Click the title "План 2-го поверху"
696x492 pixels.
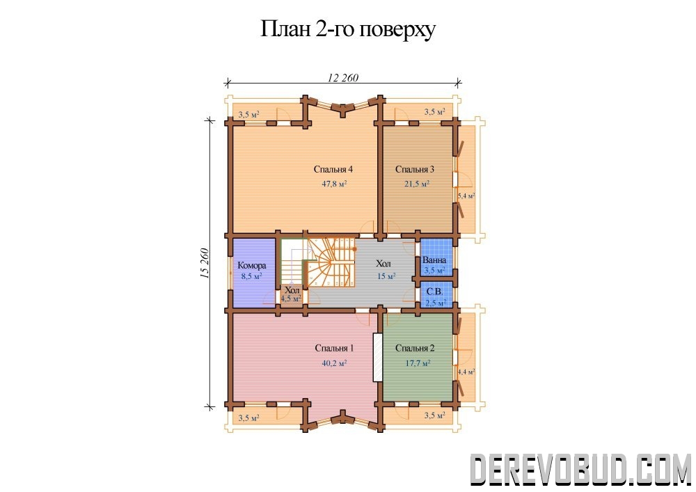coord(347,29)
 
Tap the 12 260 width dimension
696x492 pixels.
coord(342,78)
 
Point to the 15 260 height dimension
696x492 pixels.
coord(205,263)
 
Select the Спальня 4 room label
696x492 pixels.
coord(333,169)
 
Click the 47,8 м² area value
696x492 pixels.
coord(334,183)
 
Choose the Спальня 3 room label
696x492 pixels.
coord(415,169)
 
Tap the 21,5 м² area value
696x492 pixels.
coord(416,183)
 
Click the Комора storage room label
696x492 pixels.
coord(252,265)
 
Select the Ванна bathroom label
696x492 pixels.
coord(434,260)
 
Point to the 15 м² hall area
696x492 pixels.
coord(386,276)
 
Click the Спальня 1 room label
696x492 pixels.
coord(334,348)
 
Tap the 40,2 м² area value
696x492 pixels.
coord(334,363)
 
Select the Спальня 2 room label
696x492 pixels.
coord(415,348)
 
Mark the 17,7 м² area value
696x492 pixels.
coord(418,363)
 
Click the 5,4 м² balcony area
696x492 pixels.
coord(466,196)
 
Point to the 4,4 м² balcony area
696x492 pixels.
coord(466,372)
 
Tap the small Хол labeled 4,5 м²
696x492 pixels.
coord(292,294)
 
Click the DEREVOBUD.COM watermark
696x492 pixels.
coord(580,469)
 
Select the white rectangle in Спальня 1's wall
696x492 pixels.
coord(377,357)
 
